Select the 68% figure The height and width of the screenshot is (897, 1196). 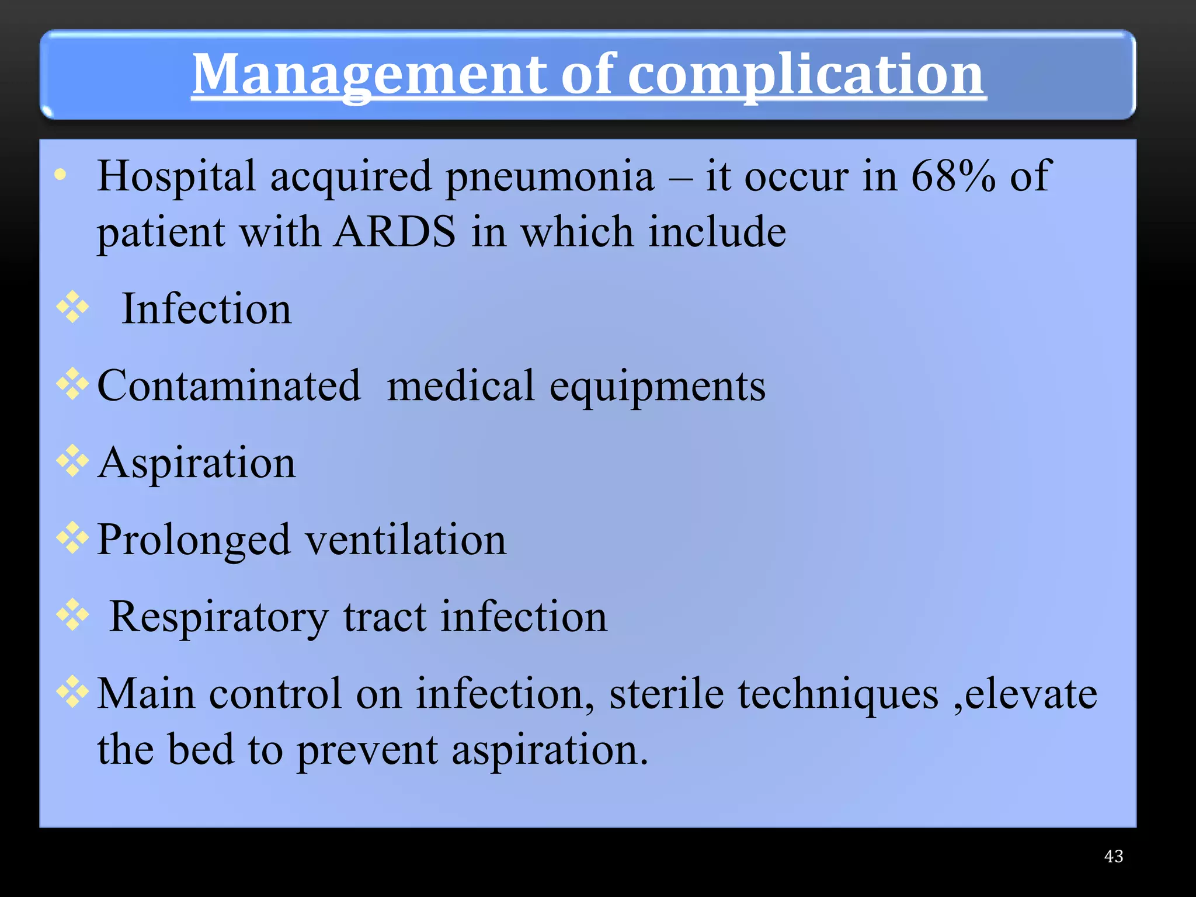click(x=953, y=175)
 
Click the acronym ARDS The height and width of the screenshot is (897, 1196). click(x=395, y=231)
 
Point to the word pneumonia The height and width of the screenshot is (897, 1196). click(x=550, y=176)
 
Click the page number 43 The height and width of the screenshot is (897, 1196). click(x=1114, y=856)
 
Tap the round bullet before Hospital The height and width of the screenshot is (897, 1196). click(x=60, y=174)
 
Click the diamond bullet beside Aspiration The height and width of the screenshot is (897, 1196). click(x=72, y=460)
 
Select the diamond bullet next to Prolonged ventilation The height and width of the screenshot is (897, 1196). click(x=72, y=537)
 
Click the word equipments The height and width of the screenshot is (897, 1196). click(x=658, y=387)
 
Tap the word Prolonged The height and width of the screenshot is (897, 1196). click(x=194, y=540)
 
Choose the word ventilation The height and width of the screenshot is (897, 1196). click(x=406, y=540)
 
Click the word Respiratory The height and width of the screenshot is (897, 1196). click(x=220, y=617)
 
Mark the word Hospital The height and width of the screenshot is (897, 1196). click(x=176, y=176)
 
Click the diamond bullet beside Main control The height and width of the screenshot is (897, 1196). click(x=72, y=691)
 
